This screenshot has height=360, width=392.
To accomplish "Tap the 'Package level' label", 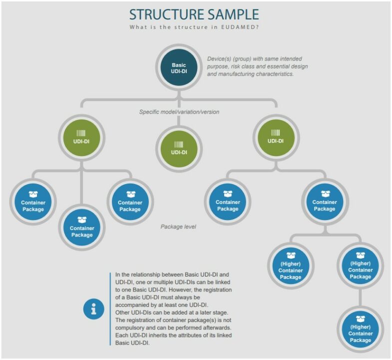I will click(178, 226).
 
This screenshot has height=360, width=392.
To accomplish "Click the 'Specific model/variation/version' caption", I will click(179, 112).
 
